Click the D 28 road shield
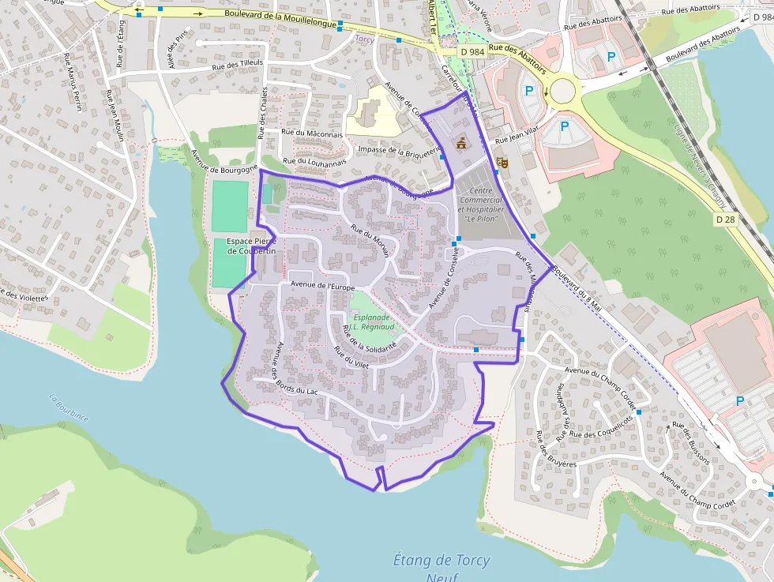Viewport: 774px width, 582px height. (x=725, y=218)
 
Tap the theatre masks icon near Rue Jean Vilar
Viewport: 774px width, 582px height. (x=501, y=163)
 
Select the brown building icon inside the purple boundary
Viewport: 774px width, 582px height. (x=460, y=143)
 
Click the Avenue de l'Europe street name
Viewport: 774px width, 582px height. (x=323, y=284)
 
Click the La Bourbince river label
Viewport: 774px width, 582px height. (x=69, y=407)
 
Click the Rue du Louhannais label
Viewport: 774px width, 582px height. (x=315, y=161)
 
